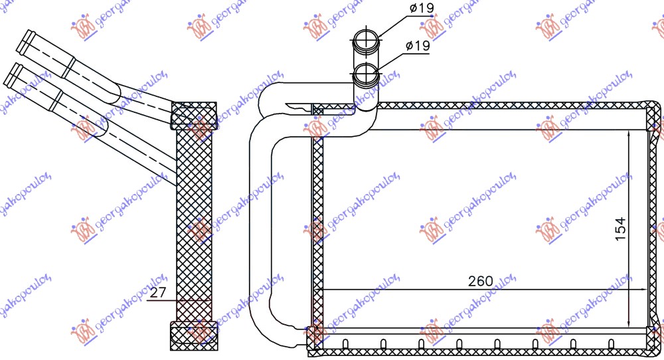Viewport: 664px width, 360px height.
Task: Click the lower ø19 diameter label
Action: click(417, 46)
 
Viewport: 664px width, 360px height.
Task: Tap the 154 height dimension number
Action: click(619, 229)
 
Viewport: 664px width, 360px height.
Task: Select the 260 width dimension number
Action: click(480, 281)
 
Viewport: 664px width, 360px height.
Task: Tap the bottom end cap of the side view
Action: click(194, 333)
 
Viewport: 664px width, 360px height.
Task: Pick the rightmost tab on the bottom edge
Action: click(611, 343)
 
